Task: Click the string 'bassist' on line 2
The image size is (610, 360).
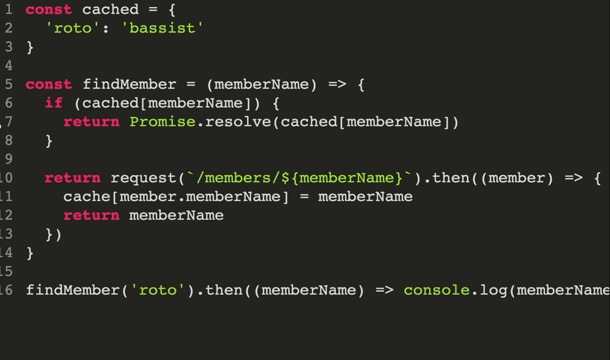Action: tap(166, 28)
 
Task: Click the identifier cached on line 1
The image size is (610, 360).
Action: tap(111, 10)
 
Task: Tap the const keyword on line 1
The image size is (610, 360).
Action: tap(49, 10)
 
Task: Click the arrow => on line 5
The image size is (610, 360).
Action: tap(337, 84)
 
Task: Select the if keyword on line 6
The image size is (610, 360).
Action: tap(54, 103)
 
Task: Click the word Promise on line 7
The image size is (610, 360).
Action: tap(162, 122)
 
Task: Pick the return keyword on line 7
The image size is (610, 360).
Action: tap(92, 122)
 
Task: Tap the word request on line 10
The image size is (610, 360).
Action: tap(144, 178)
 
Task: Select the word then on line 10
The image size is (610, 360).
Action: tap(451, 178)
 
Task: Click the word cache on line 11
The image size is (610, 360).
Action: tap(87, 197)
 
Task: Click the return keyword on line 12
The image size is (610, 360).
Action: tap(92, 216)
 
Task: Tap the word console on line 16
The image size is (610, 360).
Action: tap(436, 290)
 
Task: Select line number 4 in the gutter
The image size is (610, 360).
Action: tap(9, 66)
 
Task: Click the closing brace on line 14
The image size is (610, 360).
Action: tap(30, 253)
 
